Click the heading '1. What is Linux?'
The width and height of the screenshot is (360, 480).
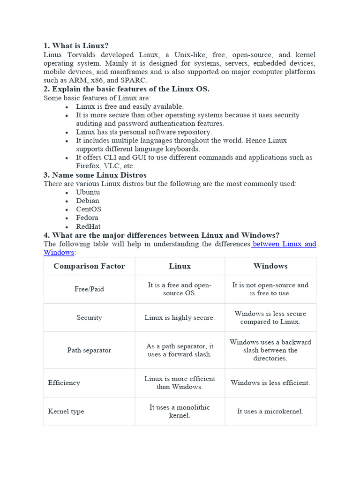pyautogui.click(x=76, y=46)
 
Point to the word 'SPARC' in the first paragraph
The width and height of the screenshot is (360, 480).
pyautogui.click(x=133, y=80)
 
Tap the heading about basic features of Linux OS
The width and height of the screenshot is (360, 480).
pyautogui.click(x=127, y=89)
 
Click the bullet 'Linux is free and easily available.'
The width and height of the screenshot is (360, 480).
pyautogui.click(x=130, y=106)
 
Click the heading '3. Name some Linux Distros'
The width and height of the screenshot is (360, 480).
pyautogui.click(x=95, y=175)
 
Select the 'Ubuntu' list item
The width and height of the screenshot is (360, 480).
pyautogui.click(x=88, y=192)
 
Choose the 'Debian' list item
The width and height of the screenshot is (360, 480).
pyautogui.click(x=88, y=201)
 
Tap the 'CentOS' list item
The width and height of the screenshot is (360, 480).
pyautogui.click(x=89, y=209)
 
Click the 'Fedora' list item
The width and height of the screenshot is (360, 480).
pyautogui.click(x=87, y=217)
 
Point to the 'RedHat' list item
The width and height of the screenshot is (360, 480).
pyautogui.click(x=88, y=226)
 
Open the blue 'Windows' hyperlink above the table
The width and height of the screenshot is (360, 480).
pyautogui.click(x=59, y=252)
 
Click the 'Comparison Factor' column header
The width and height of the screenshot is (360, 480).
pyautogui.click(x=89, y=266)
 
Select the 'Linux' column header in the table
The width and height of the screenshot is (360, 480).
pyautogui.click(x=180, y=266)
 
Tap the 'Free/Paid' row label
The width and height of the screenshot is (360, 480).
pyautogui.click(x=89, y=289)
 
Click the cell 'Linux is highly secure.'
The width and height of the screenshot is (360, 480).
pyautogui.click(x=180, y=318)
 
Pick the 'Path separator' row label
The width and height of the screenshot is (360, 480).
pyautogui.click(x=89, y=350)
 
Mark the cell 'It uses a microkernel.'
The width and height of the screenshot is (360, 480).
pyautogui.click(x=270, y=412)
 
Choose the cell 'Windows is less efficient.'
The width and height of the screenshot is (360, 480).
pyautogui.click(x=270, y=383)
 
